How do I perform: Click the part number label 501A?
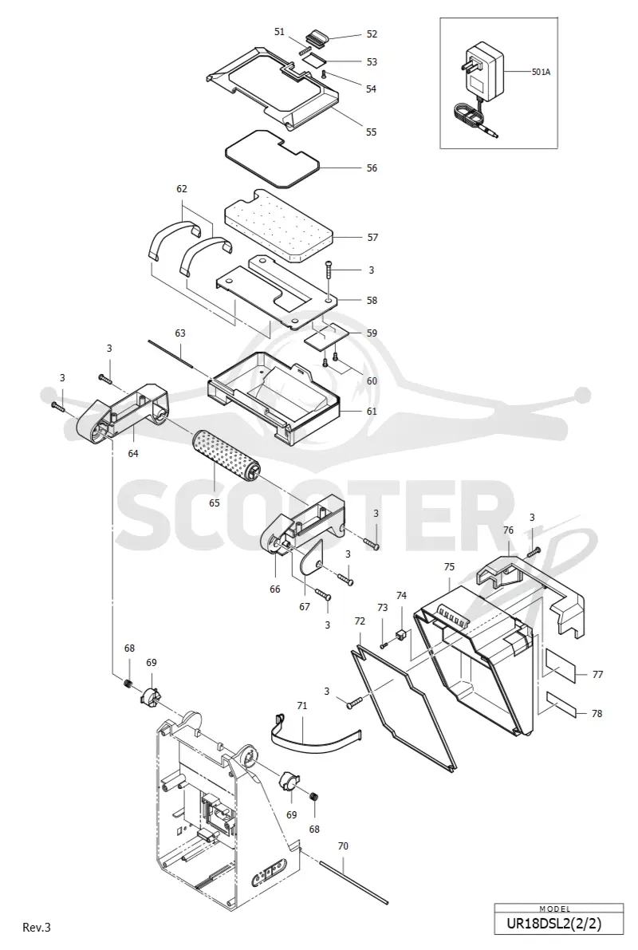click(541, 72)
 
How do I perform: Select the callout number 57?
click(372, 238)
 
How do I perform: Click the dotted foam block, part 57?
click(279, 226)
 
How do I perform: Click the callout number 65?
click(215, 503)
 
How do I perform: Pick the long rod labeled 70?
click(353, 883)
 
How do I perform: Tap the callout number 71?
click(301, 705)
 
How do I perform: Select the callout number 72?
click(360, 621)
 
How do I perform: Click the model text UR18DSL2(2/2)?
click(558, 924)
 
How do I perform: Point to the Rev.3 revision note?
click(37, 927)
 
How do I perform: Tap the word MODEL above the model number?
click(555, 909)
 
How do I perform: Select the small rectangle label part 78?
click(561, 705)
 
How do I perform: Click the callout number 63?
click(180, 333)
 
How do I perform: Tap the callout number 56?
click(372, 168)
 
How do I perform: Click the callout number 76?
click(508, 530)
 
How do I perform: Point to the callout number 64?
click(132, 452)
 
